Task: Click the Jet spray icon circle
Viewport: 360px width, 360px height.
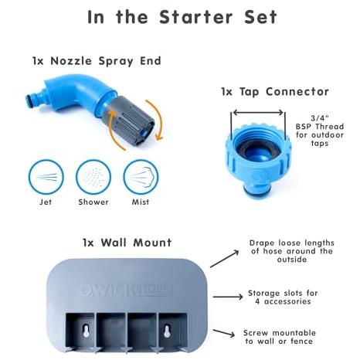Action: coord(46,178)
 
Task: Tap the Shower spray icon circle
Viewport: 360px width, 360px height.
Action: coord(93,178)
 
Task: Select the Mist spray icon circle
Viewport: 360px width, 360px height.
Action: coord(141,178)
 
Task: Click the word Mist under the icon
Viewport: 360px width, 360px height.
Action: coord(141,202)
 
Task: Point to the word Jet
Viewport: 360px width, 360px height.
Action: coord(46,202)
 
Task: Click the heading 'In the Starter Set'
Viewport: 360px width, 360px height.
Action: coord(182,17)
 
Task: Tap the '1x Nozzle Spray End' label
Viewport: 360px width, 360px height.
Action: coord(97,61)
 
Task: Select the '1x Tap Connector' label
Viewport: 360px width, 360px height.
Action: coord(275,92)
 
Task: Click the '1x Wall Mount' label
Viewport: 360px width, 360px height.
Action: coord(127,243)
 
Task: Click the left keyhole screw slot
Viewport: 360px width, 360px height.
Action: coord(86,331)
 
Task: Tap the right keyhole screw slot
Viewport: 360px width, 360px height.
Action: coord(168,331)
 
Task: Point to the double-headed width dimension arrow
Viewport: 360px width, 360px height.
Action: coord(258,113)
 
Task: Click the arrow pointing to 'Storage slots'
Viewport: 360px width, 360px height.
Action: coord(228,297)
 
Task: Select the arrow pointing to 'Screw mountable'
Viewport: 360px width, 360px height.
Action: coord(224,333)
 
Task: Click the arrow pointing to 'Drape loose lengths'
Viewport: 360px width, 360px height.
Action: coord(225,259)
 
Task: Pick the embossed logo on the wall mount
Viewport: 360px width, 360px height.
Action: coord(126,290)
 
